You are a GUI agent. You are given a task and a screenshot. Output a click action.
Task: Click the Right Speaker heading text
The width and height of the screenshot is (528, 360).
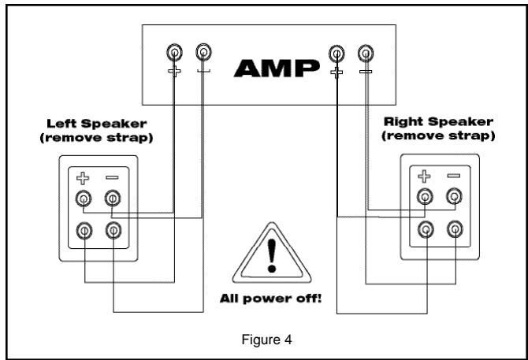(x=439, y=124)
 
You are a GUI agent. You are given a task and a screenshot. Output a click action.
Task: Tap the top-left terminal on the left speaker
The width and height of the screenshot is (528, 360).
(x=84, y=198)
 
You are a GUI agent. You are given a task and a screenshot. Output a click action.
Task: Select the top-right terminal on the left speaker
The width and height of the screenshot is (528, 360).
(x=113, y=198)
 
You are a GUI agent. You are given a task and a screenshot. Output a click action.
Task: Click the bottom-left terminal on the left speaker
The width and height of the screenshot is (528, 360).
(x=84, y=230)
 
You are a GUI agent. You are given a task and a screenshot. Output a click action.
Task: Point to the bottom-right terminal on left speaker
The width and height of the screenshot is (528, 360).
(x=113, y=230)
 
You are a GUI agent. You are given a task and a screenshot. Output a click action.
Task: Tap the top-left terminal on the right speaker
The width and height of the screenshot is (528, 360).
(x=425, y=198)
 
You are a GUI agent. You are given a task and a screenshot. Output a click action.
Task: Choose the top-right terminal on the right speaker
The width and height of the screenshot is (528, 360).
(x=454, y=198)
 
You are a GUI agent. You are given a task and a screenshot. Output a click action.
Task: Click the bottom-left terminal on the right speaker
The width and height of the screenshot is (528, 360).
(x=425, y=230)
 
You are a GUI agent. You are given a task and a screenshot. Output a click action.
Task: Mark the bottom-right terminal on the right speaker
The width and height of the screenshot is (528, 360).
(x=454, y=230)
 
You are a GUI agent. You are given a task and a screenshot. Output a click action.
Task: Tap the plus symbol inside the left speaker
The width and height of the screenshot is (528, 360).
(x=84, y=178)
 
